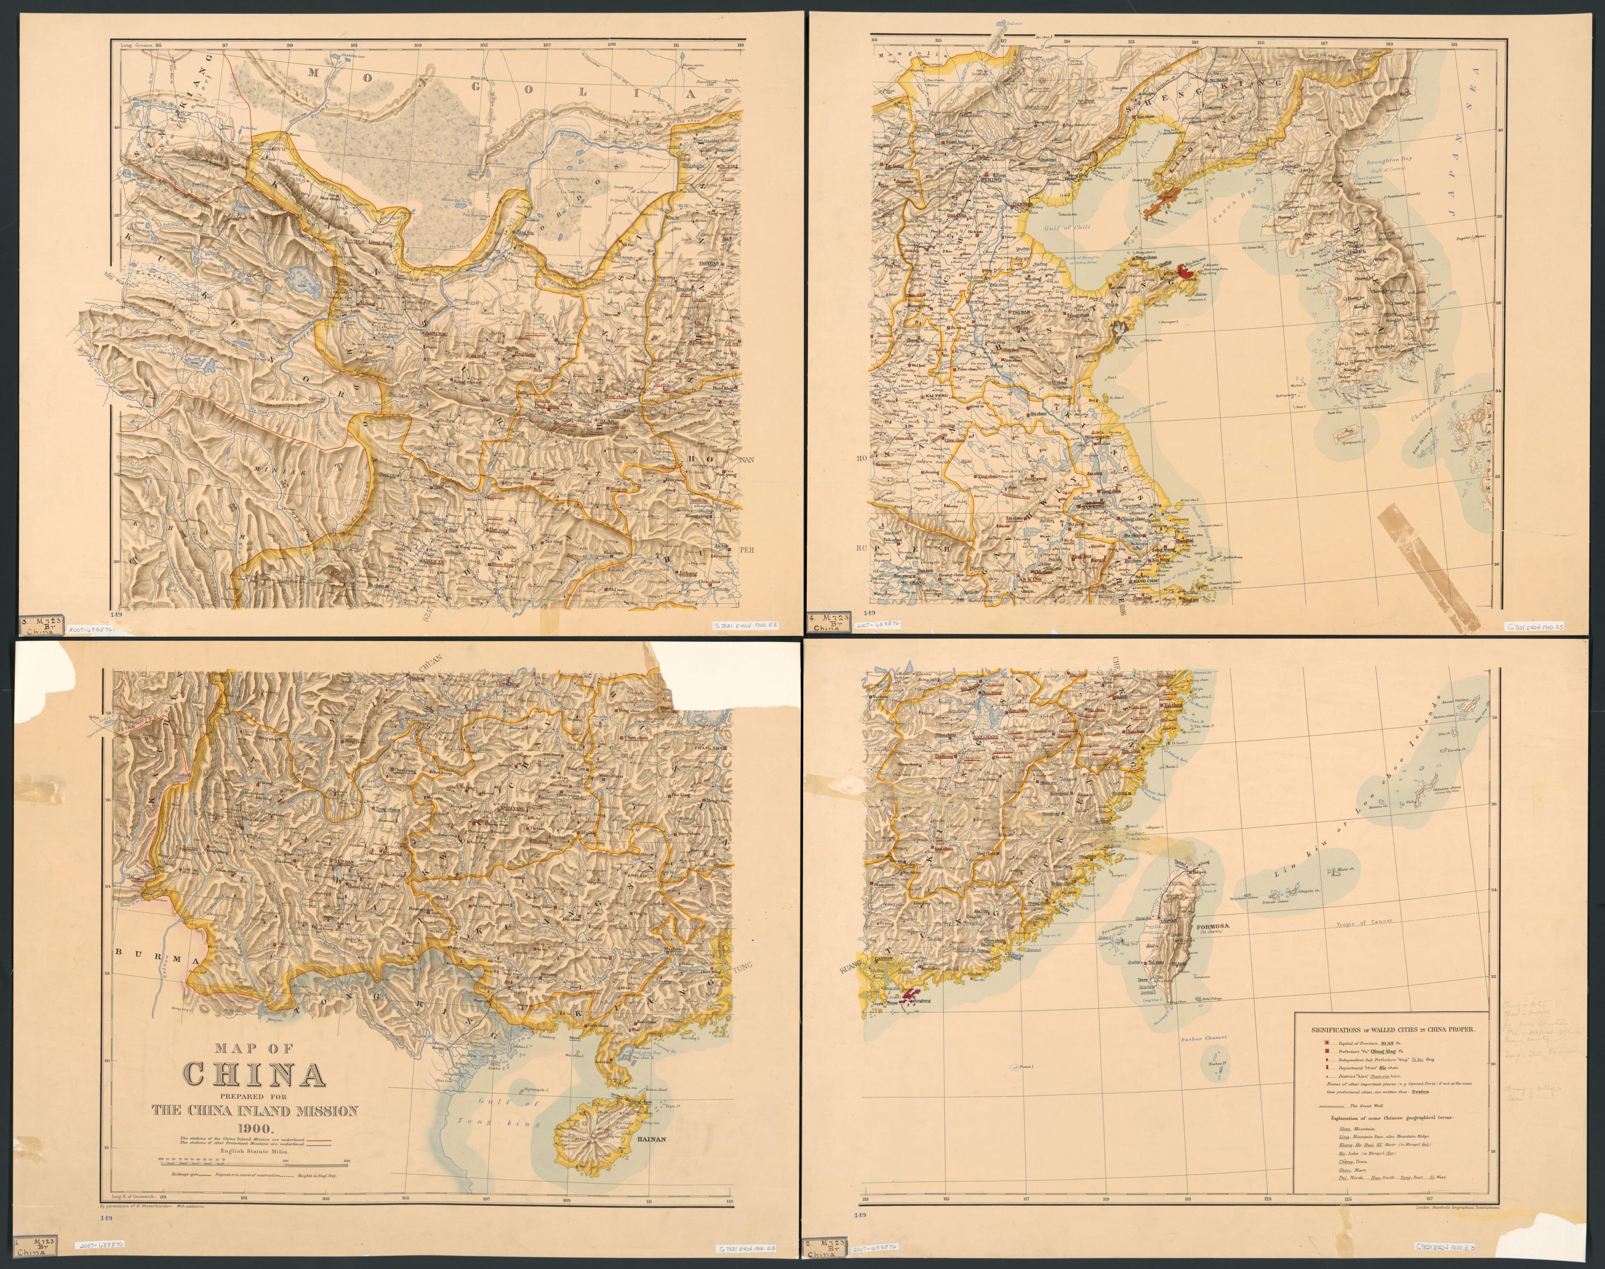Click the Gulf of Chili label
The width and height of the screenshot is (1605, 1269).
point(1067,228)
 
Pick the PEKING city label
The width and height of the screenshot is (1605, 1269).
point(991,179)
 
